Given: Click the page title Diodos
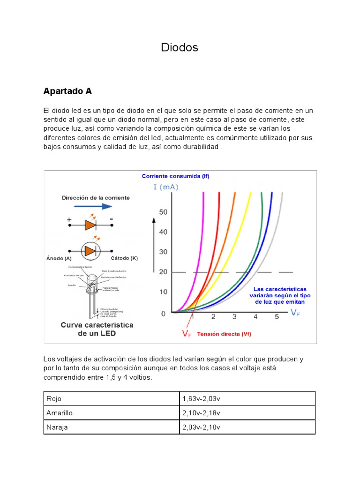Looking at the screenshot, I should click(x=180, y=47).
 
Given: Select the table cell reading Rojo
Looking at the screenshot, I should click(x=54, y=399).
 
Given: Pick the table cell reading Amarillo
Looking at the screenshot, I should click(x=60, y=413).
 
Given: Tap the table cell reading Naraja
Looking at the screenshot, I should click(x=57, y=427).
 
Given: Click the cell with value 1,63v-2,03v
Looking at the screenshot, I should click(x=201, y=399).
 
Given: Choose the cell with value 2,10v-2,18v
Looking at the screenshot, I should click(x=201, y=413).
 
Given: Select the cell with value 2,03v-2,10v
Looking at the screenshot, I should click(x=201, y=427).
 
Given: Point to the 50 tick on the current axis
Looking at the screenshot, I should click(x=163, y=212).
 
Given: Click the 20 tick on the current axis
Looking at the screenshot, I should click(x=163, y=272).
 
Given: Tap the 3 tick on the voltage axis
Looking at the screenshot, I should click(x=234, y=317).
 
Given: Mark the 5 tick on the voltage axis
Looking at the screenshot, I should click(x=277, y=317).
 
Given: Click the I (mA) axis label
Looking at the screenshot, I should click(x=165, y=187).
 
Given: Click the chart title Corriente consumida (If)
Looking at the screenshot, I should click(x=175, y=177).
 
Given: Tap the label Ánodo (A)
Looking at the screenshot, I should click(x=59, y=258).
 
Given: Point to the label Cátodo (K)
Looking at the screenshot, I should click(x=124, y=258).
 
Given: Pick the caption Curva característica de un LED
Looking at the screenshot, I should click(x=97, y=329).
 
